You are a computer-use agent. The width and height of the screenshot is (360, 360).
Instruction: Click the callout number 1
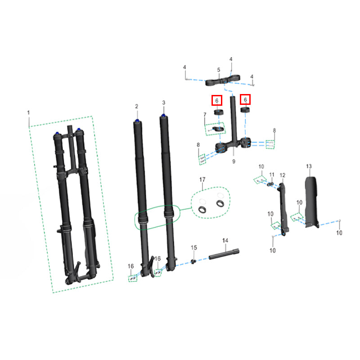tap(28, 112)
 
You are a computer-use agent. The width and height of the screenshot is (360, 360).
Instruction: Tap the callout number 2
tap(137, 106)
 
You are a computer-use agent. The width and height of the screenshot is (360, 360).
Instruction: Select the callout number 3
tap(163, 103)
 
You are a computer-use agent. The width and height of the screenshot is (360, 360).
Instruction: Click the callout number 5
tap(219, 70)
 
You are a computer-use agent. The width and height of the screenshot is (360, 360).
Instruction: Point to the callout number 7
tap(205, 114)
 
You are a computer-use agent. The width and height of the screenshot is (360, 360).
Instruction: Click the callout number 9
tap(234, 162)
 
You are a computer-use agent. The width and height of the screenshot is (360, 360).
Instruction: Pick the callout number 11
tap(272, 175)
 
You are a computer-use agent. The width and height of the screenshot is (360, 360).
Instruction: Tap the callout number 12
tap(283, 175)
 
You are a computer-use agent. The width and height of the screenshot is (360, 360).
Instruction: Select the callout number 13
tap(309, 166)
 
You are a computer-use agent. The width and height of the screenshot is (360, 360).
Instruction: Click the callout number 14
tap(225, 240)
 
